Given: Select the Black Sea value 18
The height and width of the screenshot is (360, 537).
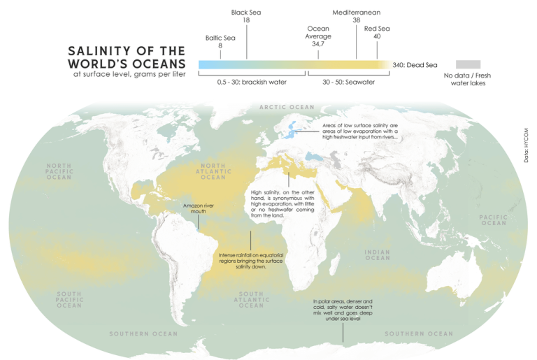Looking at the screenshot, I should (x=246, y=20).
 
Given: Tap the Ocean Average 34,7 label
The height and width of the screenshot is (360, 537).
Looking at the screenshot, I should (x=318, y=36).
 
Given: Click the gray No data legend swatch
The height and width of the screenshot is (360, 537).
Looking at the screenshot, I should (x=468, y=64).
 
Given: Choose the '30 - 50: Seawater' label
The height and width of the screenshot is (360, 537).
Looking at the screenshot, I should (x=348, y=82).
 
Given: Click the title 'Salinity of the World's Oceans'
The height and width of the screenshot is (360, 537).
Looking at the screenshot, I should (x=127, y=57).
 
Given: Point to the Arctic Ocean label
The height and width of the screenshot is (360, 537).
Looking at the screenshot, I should (x=287, y=107).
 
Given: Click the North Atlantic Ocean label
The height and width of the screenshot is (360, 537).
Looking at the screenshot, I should (x=214, y=171).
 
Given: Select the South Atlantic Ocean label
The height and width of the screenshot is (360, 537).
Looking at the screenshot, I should (x=251, y=300).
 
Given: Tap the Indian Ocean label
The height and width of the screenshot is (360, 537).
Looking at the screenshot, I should (x=377, y=254).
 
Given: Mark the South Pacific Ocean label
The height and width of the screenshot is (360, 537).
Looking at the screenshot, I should (x=69, y=299).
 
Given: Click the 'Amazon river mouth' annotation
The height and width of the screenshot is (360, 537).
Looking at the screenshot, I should (x=198, y=208).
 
